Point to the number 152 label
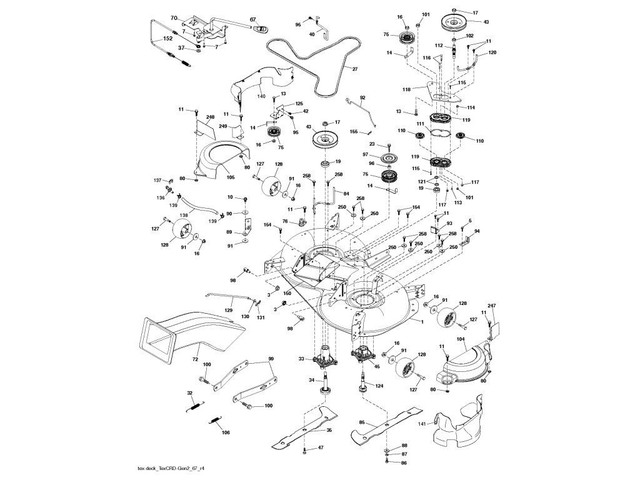[x=167, y=39]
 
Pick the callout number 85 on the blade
[x=362, y=422]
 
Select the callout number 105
[x=231, y=177]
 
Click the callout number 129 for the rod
[x=229, y=309]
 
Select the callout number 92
[x=362, y=97]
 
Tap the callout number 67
[x=254, y=20]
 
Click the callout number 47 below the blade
[x=321, y=448]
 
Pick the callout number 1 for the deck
[x=422, y=321]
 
